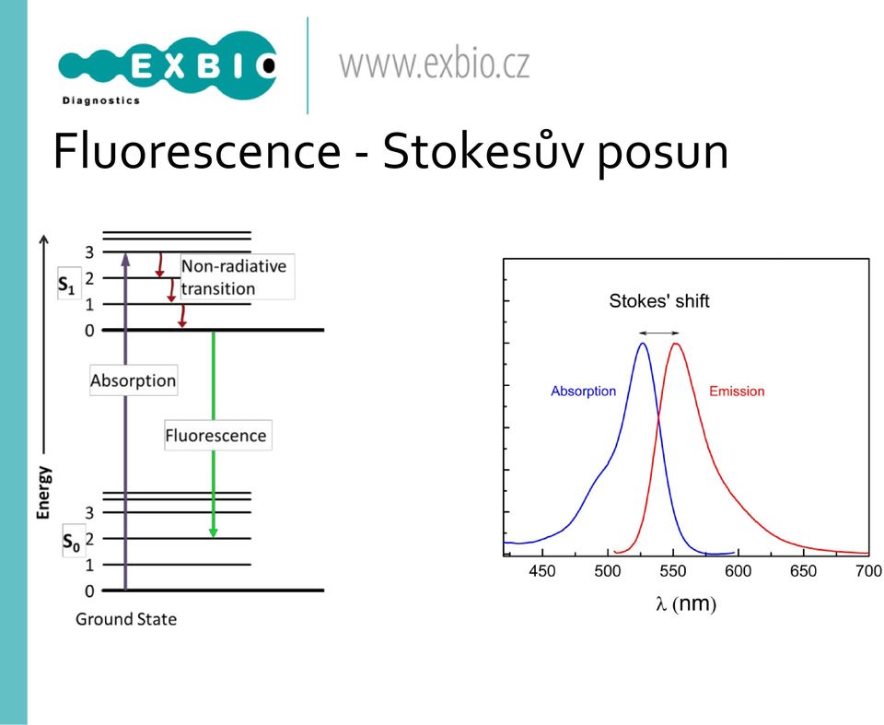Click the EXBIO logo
click(x=168, y=67)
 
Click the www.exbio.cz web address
click(x=434, y=64)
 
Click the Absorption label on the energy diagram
click(x=134, y=380)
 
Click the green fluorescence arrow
click(x=213, y=434)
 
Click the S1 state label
click(x=67, y=285)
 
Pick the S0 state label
click(x=72, y=541)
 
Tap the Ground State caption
click(x=126, y=619)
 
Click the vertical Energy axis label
click(x=43, y=492)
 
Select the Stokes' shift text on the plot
click(x=659, y=300)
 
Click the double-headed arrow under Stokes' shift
click(x=659, y=333)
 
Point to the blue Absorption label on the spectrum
click(x=584, y=391)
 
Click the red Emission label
click(x=737, y=391)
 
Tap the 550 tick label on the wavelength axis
click(x=672, y=571)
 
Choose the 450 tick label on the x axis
click(x=542, y=571)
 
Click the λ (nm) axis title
click(x=685, y=603)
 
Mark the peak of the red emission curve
click(x=675, y=343)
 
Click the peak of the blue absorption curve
click(x=642, y=343)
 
